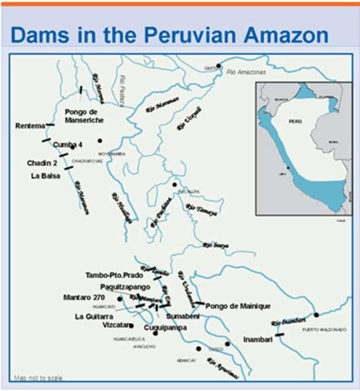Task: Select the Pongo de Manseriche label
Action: click(x=84, y=116)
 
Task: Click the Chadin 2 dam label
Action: click(x=42, y=162)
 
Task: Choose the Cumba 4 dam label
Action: click(x=67, y=144)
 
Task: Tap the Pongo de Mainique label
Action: click(x=238, y=306)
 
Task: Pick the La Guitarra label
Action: click(x=94, y=317)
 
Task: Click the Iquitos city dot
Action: click(x=219, y=66)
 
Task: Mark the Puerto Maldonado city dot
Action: click(x=316, y=315)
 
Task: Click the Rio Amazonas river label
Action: click(x=246, y=71)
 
